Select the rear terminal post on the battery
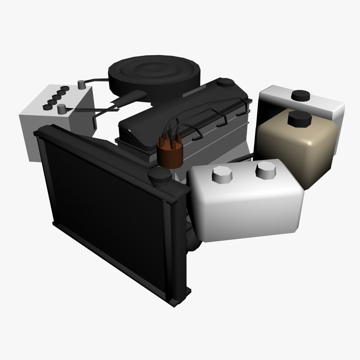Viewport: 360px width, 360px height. point(81,84)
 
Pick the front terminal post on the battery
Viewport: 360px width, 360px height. point(61,109)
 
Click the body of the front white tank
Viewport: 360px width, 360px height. point(247,207)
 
